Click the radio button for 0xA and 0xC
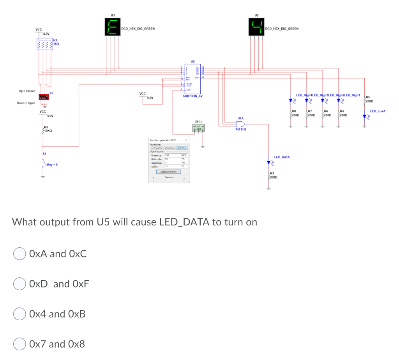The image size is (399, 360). point(20,254)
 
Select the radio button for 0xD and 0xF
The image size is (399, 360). point(20,284)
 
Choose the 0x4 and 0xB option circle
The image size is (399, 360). point(20,314)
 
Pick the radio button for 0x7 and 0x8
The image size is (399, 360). point(20,344)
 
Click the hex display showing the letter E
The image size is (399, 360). point(112,28)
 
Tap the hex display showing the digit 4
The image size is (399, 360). point(256,28)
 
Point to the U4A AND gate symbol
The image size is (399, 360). point(240,124)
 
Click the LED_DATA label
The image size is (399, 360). point(282,157)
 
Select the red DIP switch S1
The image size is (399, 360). point(44,97)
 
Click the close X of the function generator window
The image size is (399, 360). point(186,140)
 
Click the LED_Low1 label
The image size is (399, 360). point(377,112)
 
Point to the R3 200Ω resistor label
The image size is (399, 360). point(273,175)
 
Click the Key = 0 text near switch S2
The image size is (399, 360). point(52,165)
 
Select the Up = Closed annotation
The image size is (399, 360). point(27,91)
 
